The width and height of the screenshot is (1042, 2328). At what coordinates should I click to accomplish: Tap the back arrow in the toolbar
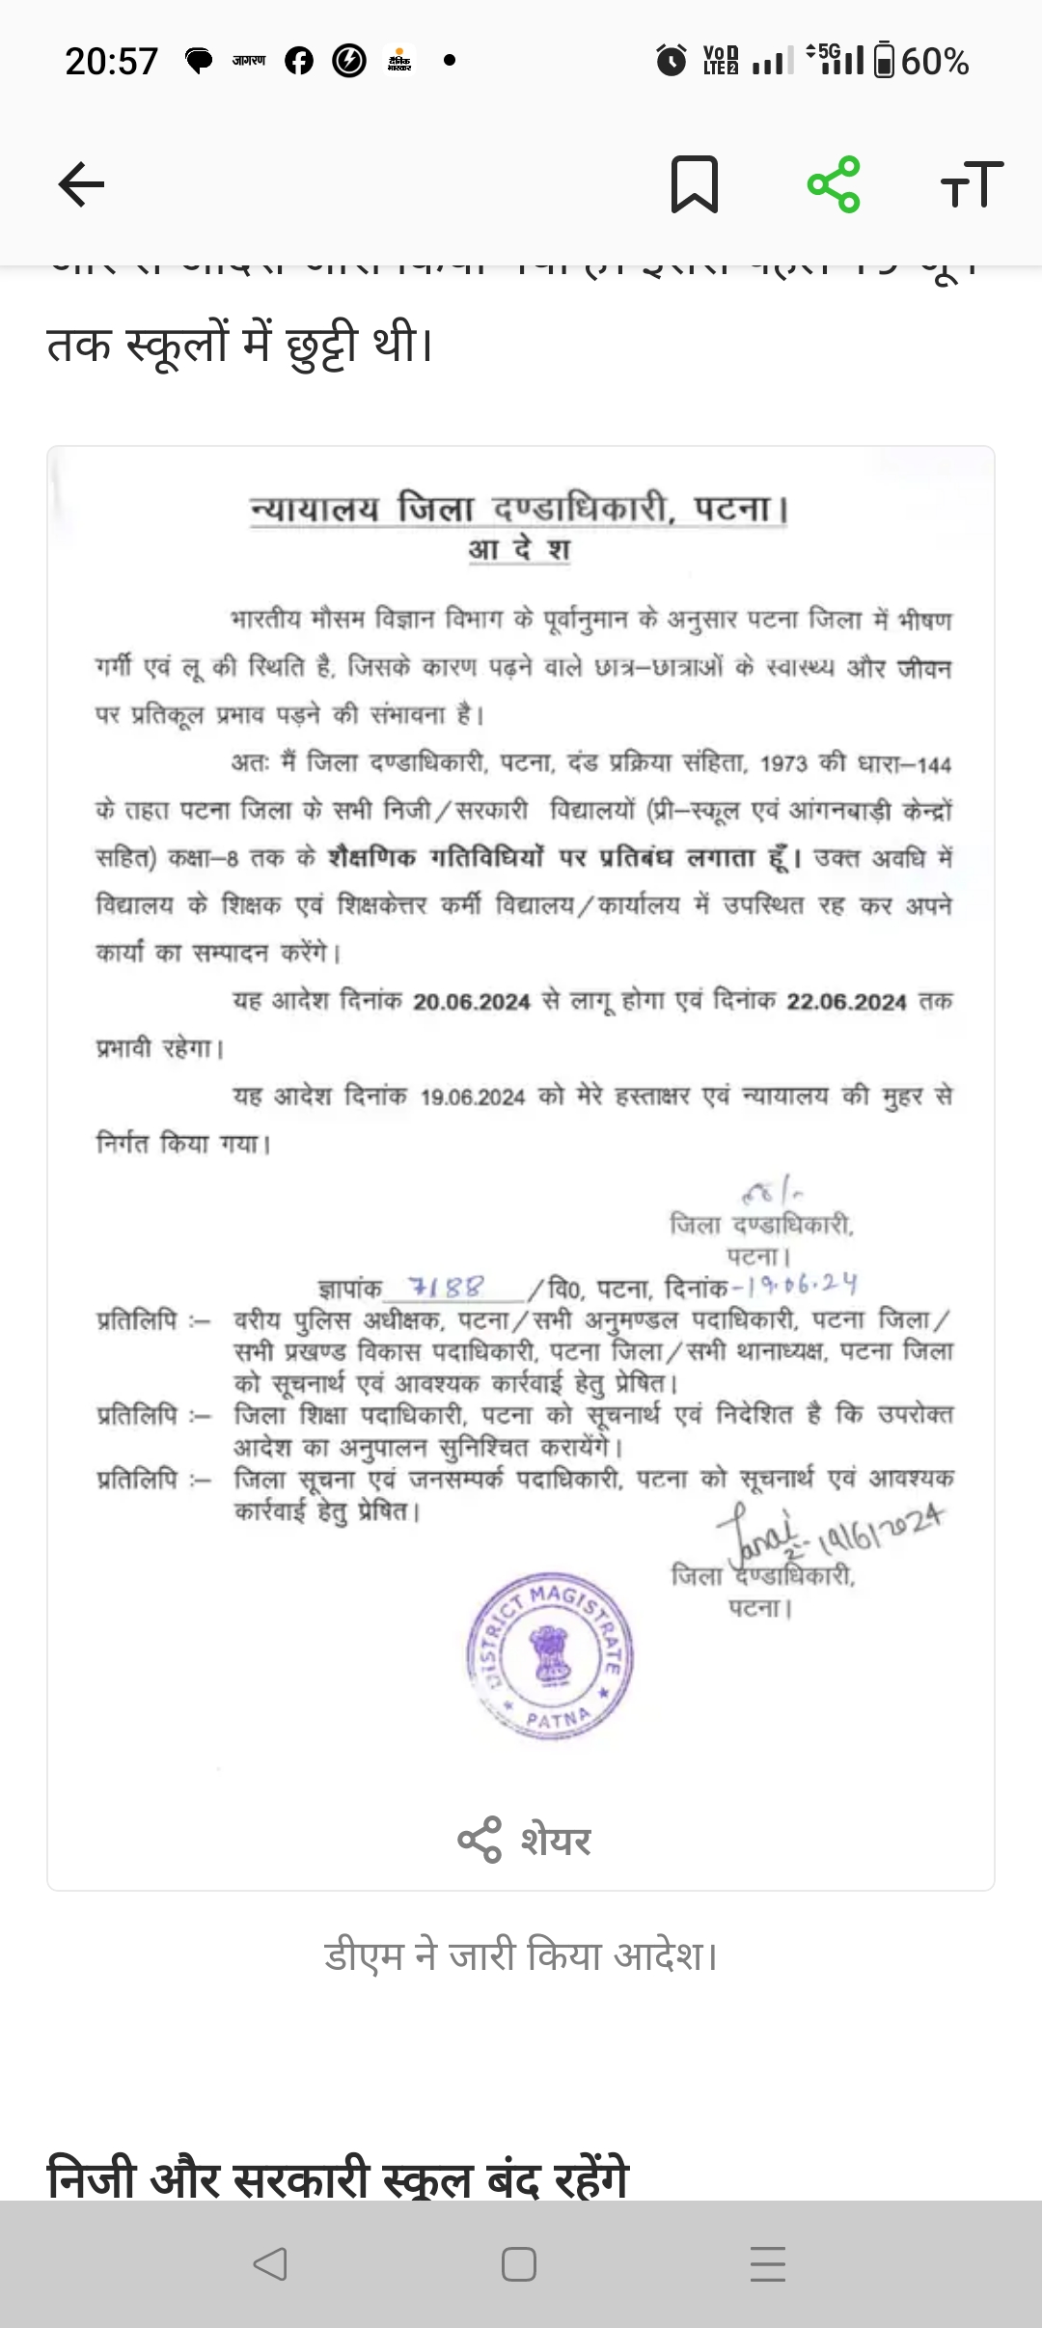[82, 183]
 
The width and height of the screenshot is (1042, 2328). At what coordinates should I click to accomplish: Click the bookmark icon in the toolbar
[694, 183]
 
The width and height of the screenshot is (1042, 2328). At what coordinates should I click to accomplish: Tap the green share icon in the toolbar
[834, 183]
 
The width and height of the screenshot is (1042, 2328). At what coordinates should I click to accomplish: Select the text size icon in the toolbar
[972, 183]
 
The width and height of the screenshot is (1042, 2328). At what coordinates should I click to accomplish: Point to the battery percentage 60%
[935, 62]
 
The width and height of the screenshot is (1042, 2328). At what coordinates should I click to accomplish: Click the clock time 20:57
[111, 62]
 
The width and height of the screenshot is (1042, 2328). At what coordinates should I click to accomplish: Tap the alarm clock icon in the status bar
[671, 61]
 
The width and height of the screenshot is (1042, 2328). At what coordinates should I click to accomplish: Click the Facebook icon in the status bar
[299, 61]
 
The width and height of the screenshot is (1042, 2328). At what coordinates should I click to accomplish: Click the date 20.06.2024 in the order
[472, 1002]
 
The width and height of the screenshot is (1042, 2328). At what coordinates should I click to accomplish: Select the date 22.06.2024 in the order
[846, 1002]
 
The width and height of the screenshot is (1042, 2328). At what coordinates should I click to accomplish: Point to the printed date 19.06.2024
[473, 1097]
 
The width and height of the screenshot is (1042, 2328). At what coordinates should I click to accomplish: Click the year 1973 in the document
[782, 764]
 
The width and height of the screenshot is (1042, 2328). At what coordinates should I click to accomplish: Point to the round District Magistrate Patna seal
[550, 1655]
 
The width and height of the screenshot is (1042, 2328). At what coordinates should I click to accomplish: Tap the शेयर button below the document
[524, 1840]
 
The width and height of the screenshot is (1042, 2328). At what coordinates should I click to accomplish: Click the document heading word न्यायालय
[315, 509]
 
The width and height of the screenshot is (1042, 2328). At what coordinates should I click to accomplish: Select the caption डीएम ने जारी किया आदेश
[521, 1956]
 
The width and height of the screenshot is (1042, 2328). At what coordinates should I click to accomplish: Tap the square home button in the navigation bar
[519, 2264]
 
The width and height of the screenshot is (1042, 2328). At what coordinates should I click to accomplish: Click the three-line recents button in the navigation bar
[768, 2264]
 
